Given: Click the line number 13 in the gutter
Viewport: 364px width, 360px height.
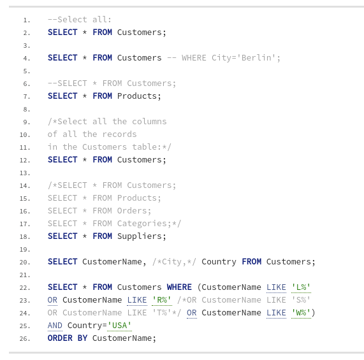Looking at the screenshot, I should pyautogui.click(x=25, y=173).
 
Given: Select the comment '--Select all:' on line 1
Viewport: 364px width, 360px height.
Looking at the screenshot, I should pyautogui.click(x=80, y=20).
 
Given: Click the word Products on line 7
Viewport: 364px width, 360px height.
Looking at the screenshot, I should pyautogui.click(x=137, y=96).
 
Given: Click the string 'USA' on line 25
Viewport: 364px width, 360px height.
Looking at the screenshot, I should pyautogui.click(x=119, y=326).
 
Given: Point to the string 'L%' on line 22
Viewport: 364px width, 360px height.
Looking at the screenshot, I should pyautogui.click(x=301, y=287).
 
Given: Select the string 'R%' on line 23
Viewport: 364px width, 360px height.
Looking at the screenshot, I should pyautogui.click(x=162, y=300).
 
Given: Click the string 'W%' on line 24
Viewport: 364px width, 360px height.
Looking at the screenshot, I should pyautogui.click(x=301, y=313).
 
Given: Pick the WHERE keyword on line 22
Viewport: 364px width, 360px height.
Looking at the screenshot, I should pyautogui.click(x=179, y=287).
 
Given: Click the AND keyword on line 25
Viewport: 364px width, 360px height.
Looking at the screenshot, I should pyautogui.click(x=55, y=326).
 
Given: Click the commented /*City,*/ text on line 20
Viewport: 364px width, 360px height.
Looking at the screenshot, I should pyautogui.click(x=174, y=262).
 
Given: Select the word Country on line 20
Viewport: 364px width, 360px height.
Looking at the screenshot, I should pyautogui.click(x=219, y=262).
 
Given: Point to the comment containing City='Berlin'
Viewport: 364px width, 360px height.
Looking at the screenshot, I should pyautogui.click(x=224, y=58).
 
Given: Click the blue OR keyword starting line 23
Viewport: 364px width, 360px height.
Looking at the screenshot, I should pyautogui.click(x=52, y=300).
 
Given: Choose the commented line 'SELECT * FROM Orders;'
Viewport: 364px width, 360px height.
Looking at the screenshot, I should pyautogui.click(x=99, y=211).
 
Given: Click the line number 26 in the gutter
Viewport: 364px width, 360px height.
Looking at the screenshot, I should pyautogui.click(x=25, y=338).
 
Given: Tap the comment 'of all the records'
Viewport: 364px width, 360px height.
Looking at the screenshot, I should pyautogui.click(x=92, y=134).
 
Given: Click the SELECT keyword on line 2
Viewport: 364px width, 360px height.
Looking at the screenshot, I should pyautogui.click(x=62, y=32).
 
